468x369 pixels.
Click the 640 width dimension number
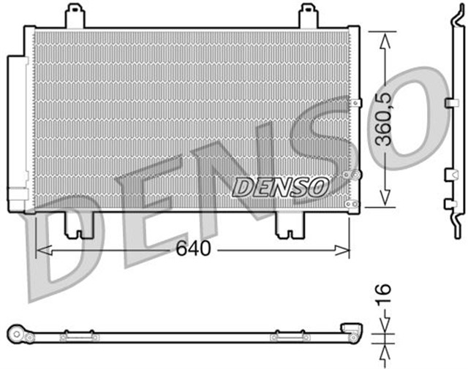point(193,249)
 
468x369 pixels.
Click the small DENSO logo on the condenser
point(279,186)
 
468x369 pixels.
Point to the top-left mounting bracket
point(75,17)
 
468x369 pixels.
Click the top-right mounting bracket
point(309,17)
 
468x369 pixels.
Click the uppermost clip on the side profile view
point(451,103)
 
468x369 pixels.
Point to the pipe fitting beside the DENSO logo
point(355,175)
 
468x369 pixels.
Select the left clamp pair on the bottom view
point(78,337)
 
